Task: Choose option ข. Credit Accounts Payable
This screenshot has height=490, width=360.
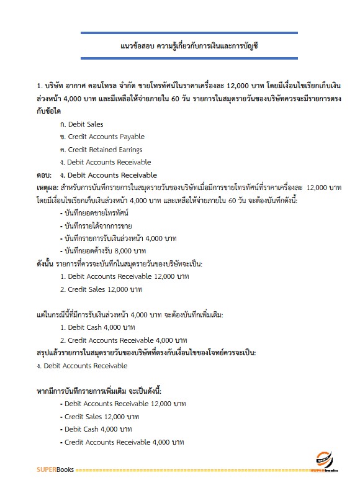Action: coord(102,137)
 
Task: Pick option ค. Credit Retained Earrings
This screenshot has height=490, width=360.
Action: coord(101,150)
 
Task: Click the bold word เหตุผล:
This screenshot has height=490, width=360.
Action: coord(47,188)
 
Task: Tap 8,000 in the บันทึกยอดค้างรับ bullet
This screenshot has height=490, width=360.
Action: coord(122,251)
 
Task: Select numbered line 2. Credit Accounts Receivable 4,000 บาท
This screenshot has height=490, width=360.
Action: coord(124,340)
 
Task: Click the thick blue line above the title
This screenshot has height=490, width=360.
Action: coord(189,33)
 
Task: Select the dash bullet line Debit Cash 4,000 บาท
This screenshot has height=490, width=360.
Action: coord(96,429)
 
